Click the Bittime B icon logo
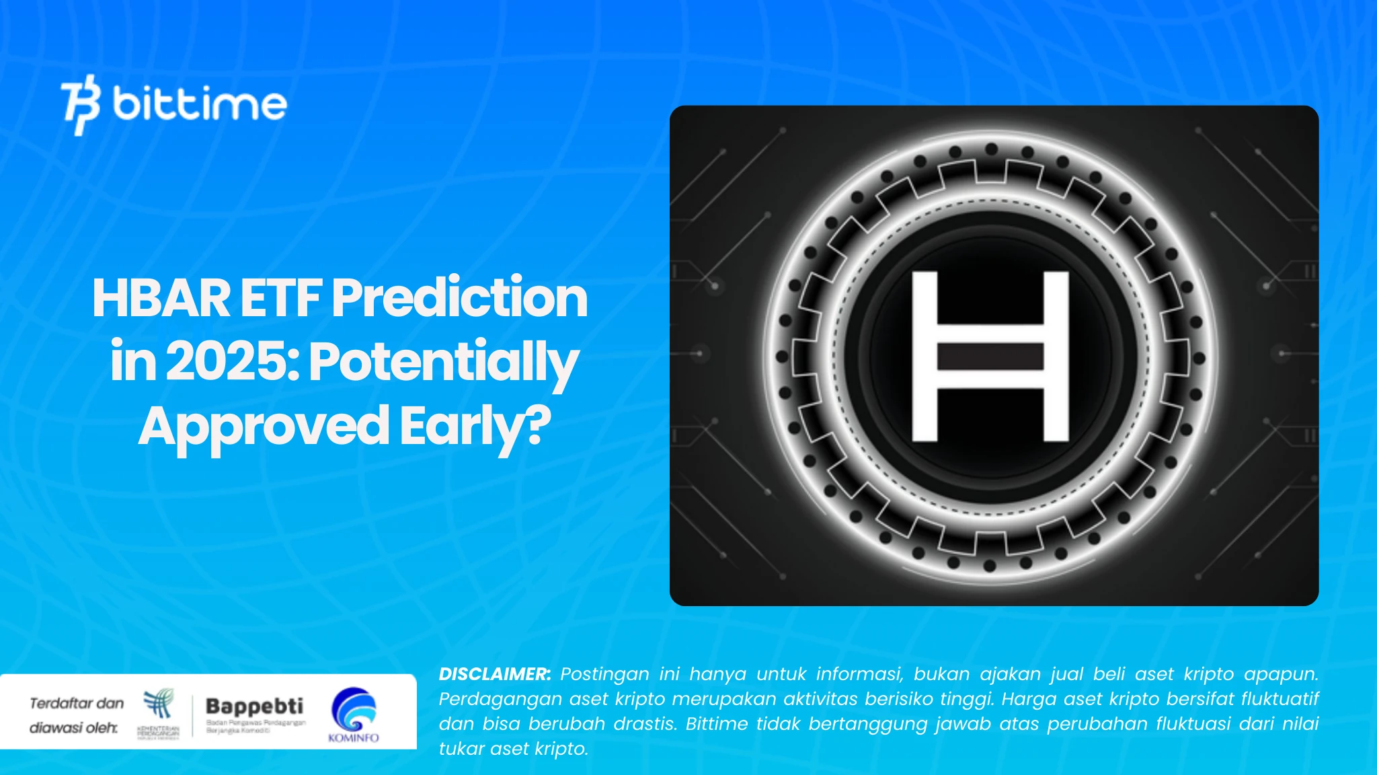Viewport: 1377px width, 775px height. click(x=81, y=105)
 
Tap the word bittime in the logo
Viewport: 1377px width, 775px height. click(x=200, y=104)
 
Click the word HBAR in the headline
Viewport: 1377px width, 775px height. click(x=161, y=298)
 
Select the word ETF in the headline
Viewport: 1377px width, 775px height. click(x=281, y=298)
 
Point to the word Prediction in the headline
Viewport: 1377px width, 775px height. click(x=460, y=298)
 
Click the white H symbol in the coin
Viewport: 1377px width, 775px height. click(x=990, y=356)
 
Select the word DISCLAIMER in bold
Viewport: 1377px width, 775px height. click(x=494, y=674)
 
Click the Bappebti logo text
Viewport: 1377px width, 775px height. click(x=254, y=706)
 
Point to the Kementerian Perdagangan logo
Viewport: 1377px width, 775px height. click(x=159, y=713)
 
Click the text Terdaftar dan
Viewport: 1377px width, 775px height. click(x=77, y=704)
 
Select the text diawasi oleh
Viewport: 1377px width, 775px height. click(x=73, y=728)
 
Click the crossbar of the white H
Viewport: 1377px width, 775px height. click(x=990, y=357)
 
